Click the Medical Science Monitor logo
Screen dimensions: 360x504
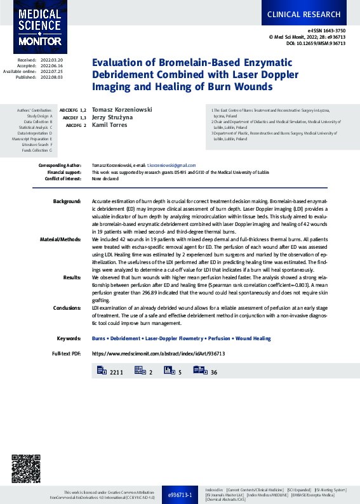pyautogui.click(x=40, y=27)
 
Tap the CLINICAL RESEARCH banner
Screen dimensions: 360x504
pyautogui.click(x=311, y=13)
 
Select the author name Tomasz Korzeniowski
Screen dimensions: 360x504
pyautogui.click(x=122, y=109)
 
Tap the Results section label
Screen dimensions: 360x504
pyautogui.click(x=72, y=278)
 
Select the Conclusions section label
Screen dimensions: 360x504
pyautogui.click(x=66, y=307)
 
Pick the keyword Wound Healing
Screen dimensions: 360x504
pyautogui.click(x=253, y=339)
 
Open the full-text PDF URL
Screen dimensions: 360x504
pyautogui.click(x=158, y=354)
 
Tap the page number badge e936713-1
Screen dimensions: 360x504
pyautogui.click(x=180, y=493)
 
